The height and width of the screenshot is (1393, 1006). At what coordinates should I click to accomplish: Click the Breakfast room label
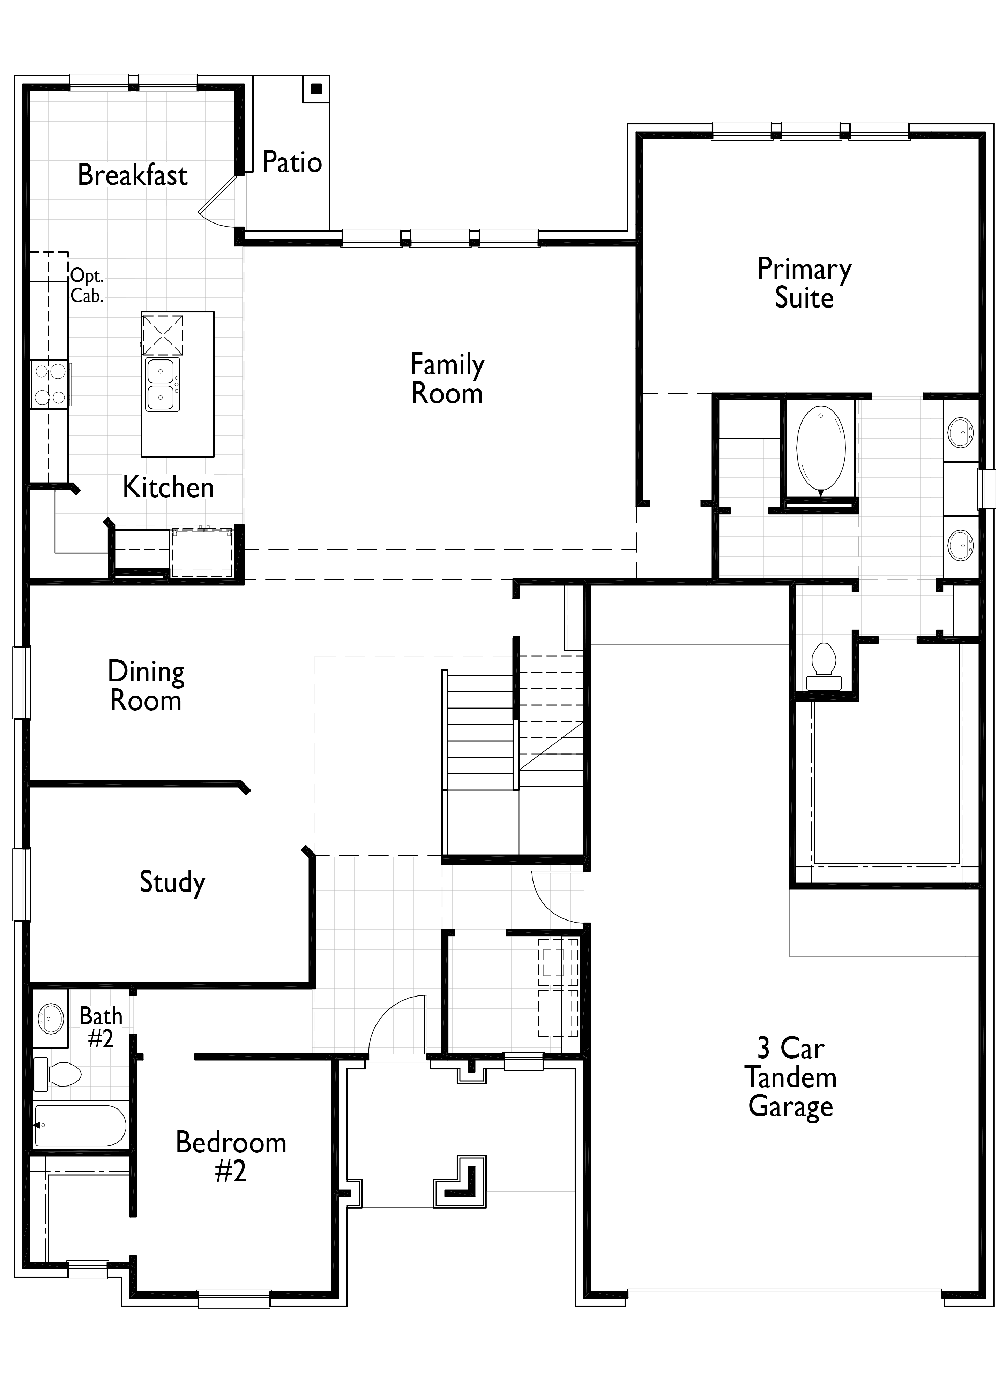(x=132, y=175)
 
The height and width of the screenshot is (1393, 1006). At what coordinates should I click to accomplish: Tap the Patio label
(x=292, y=162)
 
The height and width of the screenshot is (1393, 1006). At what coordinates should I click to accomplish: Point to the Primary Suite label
(x=804, y=283)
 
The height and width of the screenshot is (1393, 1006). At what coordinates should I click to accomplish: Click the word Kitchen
(x=169, y=488)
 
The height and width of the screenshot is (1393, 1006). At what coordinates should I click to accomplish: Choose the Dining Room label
(x=146, y=686)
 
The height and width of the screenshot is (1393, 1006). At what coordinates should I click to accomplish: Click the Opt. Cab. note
(x=87, y=286)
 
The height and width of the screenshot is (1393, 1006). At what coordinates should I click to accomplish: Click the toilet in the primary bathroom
(x=824, y=666)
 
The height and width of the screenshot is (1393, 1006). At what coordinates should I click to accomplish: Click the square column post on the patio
(x=316, y=89)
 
